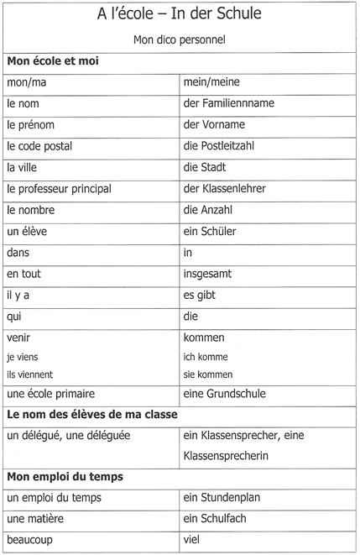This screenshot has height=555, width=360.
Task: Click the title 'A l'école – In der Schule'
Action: pyautogui.click(x=180, y=16)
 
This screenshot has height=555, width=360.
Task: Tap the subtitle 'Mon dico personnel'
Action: pyautogui.click(x=180, y=39)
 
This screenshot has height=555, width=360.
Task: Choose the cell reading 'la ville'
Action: pyautogui.click(x=23, y=167)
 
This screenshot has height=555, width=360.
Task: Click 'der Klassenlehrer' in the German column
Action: pyautogui.click(x=224, y=189)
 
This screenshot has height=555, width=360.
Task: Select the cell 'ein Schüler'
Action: pyautogui.click(x=209, y=232)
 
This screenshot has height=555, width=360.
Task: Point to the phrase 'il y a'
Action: pyautogui.click(x=19, y=296)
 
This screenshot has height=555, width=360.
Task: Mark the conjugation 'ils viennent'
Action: pyautogui.click(x=29, y=374)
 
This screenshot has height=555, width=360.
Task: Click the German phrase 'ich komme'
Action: pyautogui.click(x=206, y=357)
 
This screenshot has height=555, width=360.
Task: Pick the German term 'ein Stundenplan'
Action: pyautogui.click(x=222, y=498)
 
